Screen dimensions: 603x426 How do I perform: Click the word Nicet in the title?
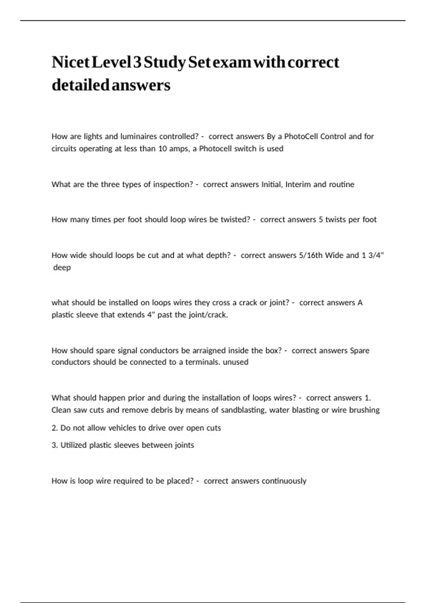tap(70, 62)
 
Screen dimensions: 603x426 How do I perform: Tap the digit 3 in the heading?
tap(137, 62)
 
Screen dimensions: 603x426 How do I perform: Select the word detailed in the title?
tap(81, 85)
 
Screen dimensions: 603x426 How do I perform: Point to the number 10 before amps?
tap(162, 149)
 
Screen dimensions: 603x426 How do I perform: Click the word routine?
tap(341, 184)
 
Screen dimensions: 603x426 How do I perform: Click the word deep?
tap(62, 267)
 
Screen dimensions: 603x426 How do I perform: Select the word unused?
tap(235, 362)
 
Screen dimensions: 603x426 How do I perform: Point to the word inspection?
tap(173, 184)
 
